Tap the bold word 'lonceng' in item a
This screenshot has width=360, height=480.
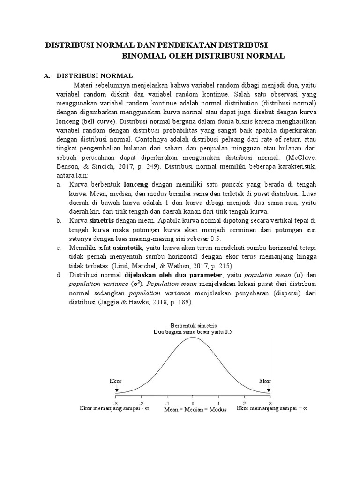pyautogui.click(x=136, y=185)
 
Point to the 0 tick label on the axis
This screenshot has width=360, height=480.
pyautogui.click(x=192, y=403)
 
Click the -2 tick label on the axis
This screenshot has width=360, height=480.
pyautogui.click(x=141, y=403)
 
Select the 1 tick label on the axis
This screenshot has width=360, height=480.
pyautogui.click(x=218, y=403)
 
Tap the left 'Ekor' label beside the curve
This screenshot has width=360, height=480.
pyautogui.click(x=115, y=381)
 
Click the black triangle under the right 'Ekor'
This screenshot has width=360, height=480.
pyautogui.click(x=269, y=390)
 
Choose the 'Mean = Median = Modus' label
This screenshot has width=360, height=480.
pyautogui.click(x=195, y=409)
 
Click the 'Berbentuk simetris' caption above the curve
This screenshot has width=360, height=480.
pyautogui.click(x=193, y=325)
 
